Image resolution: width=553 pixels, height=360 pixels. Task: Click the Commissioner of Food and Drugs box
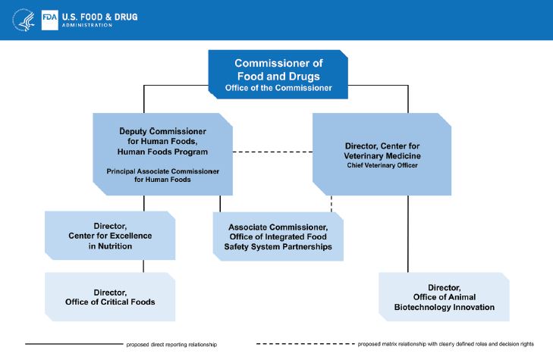pyautogui.click(x=278, y=75)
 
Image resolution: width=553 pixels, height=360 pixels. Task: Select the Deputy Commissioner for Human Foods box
pyautogui.click(x=162, y=154)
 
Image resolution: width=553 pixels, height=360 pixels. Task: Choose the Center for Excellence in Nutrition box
pyautogui.click(x=111, y=236)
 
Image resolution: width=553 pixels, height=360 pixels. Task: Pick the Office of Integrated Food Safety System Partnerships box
pyautogui.click(x=278, y=236)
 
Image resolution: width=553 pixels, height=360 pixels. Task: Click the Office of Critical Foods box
pyautogui.click(x=111, y=296)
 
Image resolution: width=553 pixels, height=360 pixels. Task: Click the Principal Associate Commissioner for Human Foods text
pyautogui.click(x=162, y=176)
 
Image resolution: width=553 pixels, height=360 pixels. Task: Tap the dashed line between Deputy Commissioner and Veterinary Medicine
pyautogui.click(x=272, y=153)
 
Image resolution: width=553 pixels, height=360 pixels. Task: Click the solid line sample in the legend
pyautogui.click(x=73, y=344)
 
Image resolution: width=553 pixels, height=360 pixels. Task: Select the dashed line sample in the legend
pyautogui.click(x=302, y=344)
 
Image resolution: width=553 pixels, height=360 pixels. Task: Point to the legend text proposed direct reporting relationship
pyautogui.click(x=171, y=345)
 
